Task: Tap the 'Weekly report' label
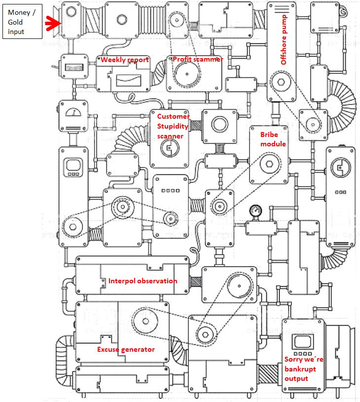coord(125,60)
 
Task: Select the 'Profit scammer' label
coord(198,60)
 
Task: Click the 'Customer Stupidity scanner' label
coord(173,126)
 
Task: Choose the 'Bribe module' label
coord(273,140)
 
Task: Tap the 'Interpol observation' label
coord(143,281)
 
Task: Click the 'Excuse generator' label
coord(126,350)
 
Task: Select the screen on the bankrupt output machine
coord(300,341)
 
